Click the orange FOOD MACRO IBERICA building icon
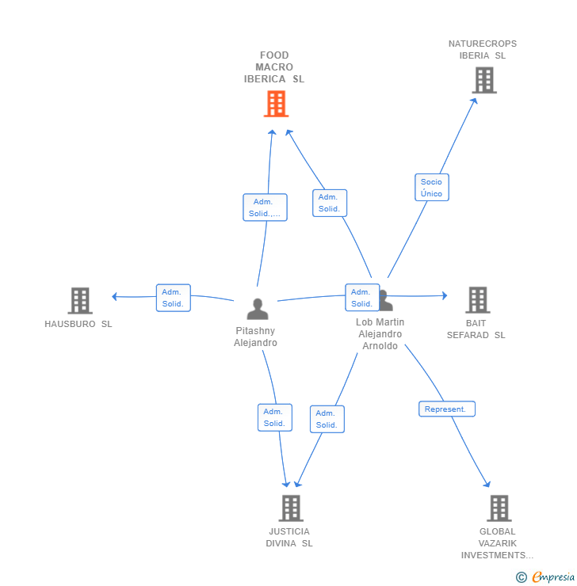click(x=276, y=104)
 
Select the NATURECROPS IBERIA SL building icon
click(x=483, y=80)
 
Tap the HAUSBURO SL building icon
click(x=80, y=301)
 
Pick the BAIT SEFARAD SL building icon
click(x=477, y=300)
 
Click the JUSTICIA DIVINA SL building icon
click(x=291, y=508)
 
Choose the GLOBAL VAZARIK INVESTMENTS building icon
click(x=499, y=508)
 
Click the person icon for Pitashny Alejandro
click(x=257, y=309)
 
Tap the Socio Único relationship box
click(x=431, y=188)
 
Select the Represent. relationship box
click(x=447, y=409)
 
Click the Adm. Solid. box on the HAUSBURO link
click(x=173, y=298)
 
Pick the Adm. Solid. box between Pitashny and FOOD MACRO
click(x=265, y=207)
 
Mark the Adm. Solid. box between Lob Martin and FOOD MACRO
click(x=330, y=203)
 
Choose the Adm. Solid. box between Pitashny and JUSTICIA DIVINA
click(x=274, y=417)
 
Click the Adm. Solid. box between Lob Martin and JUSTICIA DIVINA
click(x=327, y=419)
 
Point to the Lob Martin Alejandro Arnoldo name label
click(x=380, y=334)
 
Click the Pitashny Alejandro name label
click(x=255, y=337)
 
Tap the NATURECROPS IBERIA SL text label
click(x=482, y=50)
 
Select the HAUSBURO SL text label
click(x=78, y=324)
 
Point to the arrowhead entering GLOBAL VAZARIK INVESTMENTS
click(x=487, y=484)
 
